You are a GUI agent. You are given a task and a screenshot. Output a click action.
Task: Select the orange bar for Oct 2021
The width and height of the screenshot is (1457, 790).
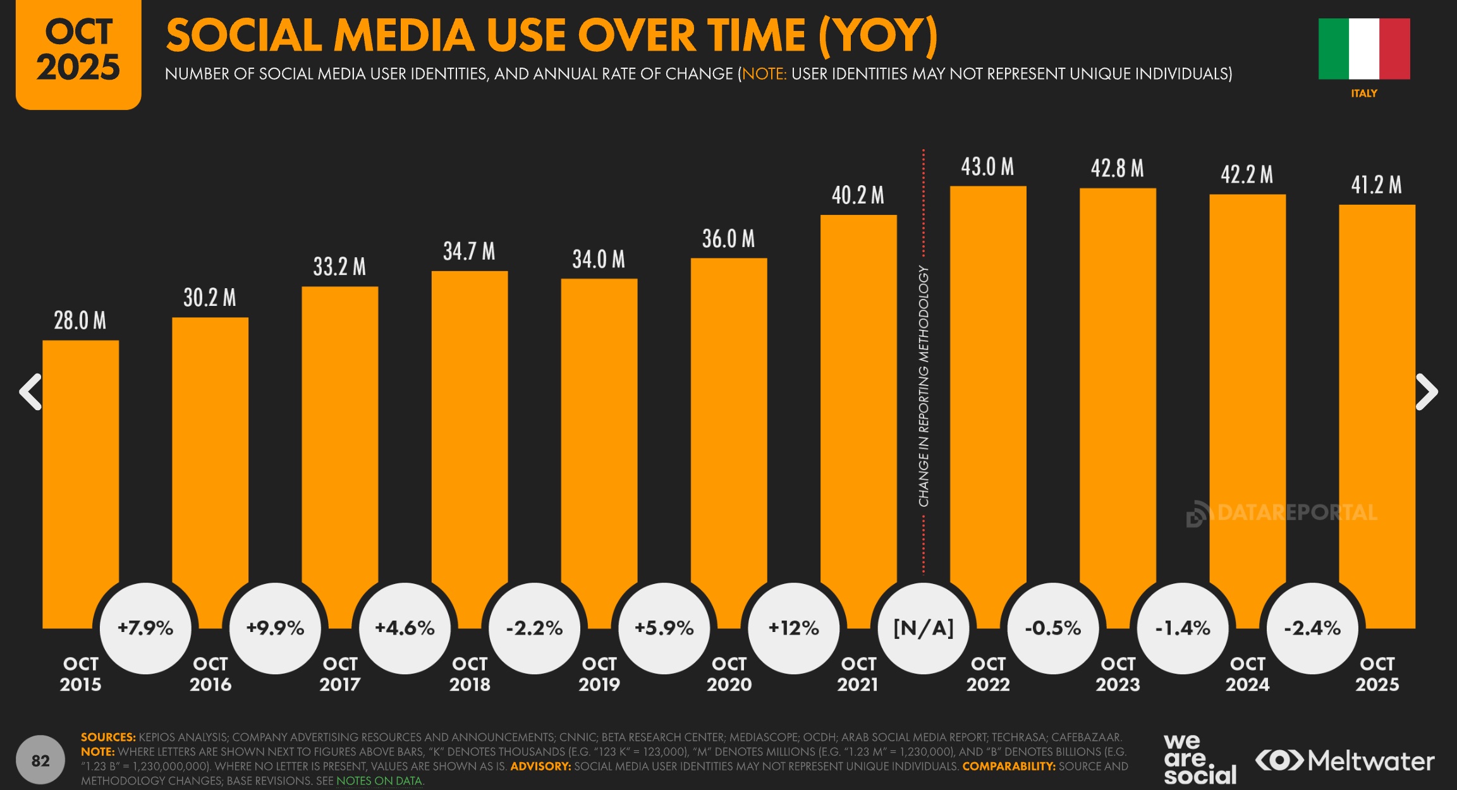(x=858, y=404)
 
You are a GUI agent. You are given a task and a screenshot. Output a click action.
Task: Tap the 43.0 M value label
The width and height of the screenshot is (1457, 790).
(x=987, y=167)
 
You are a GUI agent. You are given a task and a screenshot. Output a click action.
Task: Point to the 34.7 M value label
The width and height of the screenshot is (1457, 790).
(x=469, y=252)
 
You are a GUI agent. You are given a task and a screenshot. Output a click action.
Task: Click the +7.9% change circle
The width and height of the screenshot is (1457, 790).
(x=145, y=628)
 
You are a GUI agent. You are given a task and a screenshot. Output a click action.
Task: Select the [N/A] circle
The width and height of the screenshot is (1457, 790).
(x=923, y=628)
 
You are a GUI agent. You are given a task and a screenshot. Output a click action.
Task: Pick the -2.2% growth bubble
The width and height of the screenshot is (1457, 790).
(x=534, y=628)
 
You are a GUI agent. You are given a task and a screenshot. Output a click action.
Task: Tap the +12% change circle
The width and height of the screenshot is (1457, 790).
(x=793, y=628)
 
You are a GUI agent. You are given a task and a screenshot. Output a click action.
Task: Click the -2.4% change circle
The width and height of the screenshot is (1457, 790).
(x=1312, y=628)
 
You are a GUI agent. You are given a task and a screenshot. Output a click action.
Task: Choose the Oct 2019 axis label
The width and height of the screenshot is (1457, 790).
(x=599, y=674)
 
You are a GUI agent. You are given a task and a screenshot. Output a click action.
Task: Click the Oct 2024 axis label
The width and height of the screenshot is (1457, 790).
(x=1247, y=674)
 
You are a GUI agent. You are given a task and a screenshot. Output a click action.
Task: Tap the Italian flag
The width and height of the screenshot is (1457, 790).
(x=1364, y=49)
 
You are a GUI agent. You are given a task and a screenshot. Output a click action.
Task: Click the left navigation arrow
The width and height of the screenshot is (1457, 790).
(x=30, y=392)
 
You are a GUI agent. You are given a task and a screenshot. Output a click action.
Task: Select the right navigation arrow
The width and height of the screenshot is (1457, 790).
(x=1427, y=392)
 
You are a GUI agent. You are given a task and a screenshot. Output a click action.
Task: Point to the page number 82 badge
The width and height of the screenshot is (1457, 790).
(x=40, y=760)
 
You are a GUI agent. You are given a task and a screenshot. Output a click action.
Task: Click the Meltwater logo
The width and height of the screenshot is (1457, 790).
(x=1344, y=760)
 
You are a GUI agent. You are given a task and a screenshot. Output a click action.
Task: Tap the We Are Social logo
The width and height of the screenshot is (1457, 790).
(x=1199, y=758)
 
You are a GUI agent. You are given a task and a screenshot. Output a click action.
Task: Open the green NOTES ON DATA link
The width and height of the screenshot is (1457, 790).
(x=379, y=781)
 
